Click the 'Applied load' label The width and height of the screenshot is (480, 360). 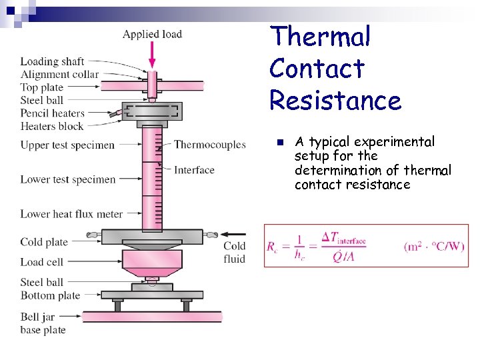pos(152,34)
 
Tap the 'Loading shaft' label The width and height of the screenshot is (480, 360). pos(52,62)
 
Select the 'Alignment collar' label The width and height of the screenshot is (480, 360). pos(59,75)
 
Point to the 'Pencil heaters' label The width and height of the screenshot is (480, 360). pos(52,113)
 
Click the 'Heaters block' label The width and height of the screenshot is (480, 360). pos(52,126)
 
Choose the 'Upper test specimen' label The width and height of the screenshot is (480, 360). pos(67,145)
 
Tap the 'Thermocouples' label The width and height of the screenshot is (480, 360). pos(210,145)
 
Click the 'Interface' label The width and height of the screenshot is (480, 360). pos(194,170)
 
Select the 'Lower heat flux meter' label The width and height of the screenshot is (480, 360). pos(71,214)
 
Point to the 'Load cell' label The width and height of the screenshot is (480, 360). pos(41,262)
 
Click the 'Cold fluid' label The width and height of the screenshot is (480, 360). pos(235,253)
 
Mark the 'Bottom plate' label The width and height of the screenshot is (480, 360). pos(50,295)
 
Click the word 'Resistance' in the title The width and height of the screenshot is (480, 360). pos(335,101)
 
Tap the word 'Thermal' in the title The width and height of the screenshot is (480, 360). pos(319,37)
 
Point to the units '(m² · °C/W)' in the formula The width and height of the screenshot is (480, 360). pos(434,247)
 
